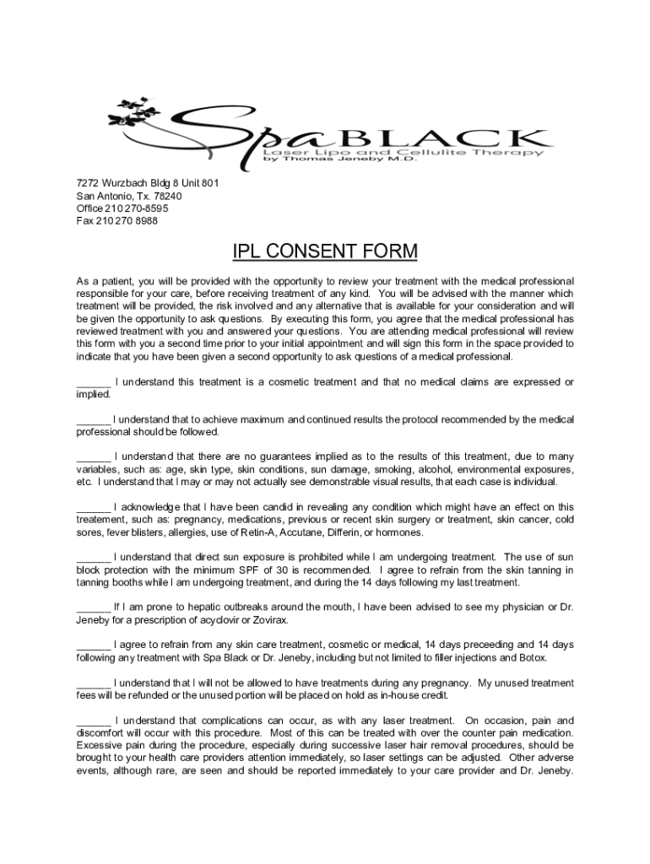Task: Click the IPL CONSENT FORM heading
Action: click(x=325, y=251)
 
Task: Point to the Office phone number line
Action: click(x=122, y=208)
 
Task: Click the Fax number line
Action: click(x=116, y=221)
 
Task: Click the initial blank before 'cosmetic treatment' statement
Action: click(x=93, y=382)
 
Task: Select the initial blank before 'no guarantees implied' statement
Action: click(x=93, y=456)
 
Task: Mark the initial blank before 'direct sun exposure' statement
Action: click(x=93, y=557)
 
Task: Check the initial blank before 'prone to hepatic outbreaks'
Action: click(x=93, y=607)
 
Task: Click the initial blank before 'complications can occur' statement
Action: click(x=93, y=720)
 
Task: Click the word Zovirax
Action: click(x=267, y=620)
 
